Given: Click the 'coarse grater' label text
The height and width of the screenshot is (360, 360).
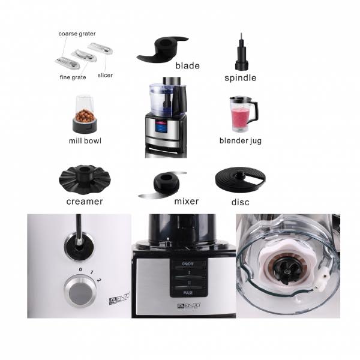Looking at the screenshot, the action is [x=77, y=34].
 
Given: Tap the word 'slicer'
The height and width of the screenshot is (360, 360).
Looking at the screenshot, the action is [x=105, y=75].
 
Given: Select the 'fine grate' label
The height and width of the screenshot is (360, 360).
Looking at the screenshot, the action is [x=73, y=77].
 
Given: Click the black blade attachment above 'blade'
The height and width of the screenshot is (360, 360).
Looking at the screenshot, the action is [x=163, y=49].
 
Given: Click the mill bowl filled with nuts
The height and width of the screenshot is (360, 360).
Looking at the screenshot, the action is [x=85, y=114].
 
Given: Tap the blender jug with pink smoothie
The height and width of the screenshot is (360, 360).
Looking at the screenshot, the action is [x=243, y=114].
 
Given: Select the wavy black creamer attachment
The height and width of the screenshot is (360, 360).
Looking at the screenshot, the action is [x=85, y=179].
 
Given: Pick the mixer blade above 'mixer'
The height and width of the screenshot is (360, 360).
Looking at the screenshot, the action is [x=163, y=184].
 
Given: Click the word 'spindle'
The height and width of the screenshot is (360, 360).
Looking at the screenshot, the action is [x=241, y=78].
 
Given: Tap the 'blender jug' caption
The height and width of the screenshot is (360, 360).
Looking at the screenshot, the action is [x=241, y=140].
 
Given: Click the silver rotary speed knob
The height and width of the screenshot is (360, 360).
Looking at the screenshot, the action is [x=80, y=291].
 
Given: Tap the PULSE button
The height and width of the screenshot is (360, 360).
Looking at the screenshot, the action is [x=188, y=293].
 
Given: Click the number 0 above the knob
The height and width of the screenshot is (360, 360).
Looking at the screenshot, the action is [x=80, y=269].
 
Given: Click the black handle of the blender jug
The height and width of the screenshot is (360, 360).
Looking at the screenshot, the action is [x=254, y=111].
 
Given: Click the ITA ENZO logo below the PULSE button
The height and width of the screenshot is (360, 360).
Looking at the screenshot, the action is [x=188, y=305].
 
